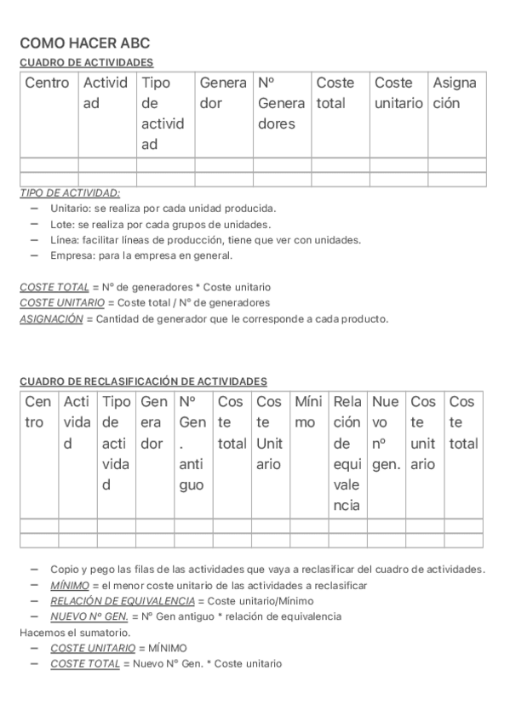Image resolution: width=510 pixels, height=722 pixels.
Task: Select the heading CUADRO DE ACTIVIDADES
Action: click(x=86, y=62)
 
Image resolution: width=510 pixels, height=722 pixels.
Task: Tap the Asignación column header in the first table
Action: click(x=455, y=93)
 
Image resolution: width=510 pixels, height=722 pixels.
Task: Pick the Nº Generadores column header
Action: click(x=281, y=103)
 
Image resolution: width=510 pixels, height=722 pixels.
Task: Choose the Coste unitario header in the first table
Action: click(x=398, y=93)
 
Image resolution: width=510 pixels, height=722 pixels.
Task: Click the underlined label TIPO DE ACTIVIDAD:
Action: click(x=70, y=193)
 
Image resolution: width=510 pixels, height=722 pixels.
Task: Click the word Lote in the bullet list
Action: click(x=61, y=224)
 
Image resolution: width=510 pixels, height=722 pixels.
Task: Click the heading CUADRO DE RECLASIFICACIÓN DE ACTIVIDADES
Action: click(x=143, y=381)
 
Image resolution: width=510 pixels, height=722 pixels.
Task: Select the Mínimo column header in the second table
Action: click(x=307, y=411)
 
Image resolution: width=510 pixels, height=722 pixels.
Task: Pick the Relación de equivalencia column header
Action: click(x=347, y=453)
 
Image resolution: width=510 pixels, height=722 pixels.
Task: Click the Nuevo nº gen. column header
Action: click(x=387, y=433)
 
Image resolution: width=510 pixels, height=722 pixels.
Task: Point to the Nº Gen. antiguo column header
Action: click(x=192, y=443)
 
